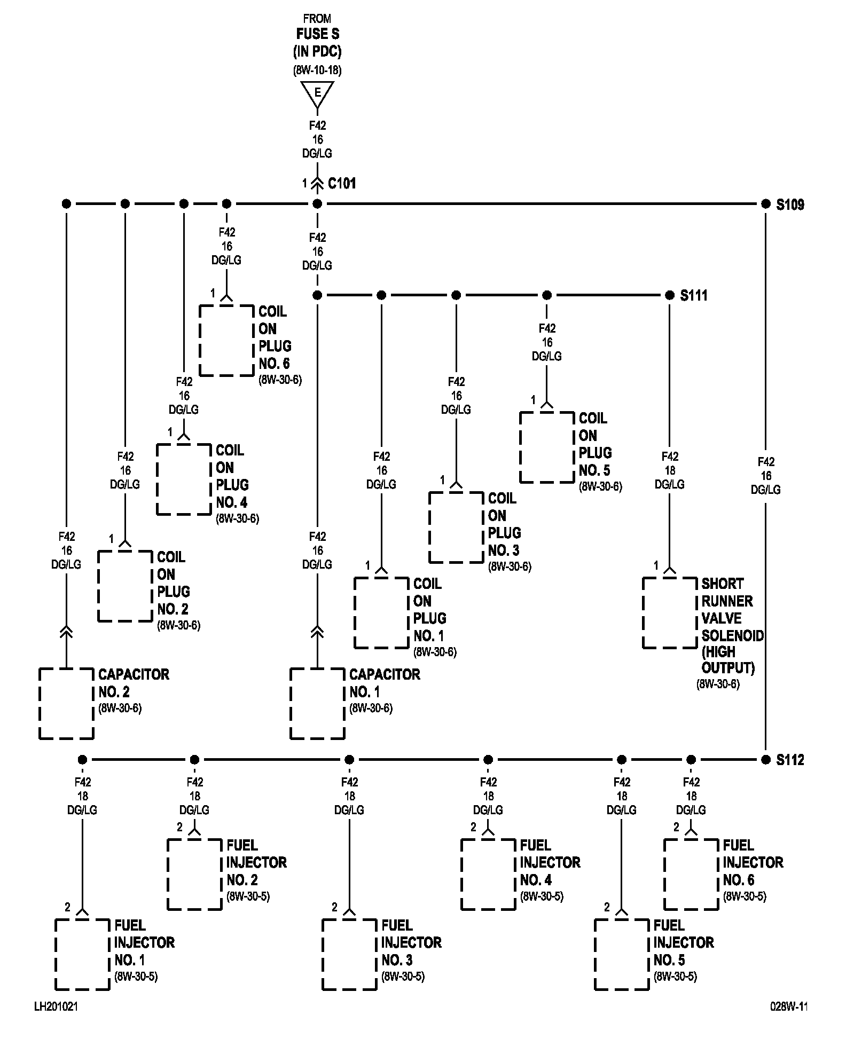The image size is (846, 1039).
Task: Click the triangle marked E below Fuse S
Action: coord(317,95)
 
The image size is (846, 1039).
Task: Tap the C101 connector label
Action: coord(342,184)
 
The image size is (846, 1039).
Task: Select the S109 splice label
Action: coord(790,204)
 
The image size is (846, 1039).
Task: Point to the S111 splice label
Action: coord(694,295)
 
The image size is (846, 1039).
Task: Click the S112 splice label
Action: coord(790,760)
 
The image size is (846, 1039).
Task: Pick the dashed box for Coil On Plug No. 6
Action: coord(226,341)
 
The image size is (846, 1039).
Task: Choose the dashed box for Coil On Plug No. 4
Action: coord(184,479)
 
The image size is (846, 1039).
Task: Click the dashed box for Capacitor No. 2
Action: coord(66,704)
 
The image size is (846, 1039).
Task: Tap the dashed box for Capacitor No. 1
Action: coord(317,704)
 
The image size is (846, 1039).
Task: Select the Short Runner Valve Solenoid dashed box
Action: coord(670,613)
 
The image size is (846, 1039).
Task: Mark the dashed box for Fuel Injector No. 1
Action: coord(82,955)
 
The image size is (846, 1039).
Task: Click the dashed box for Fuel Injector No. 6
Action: coord(691,875)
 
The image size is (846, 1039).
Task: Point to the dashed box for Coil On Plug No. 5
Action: coord(547,447)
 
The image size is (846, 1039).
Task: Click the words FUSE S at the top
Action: coord(318,34)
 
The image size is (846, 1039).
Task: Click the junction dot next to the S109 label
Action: coord(766,204)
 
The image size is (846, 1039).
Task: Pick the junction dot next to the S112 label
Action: coord(766,760)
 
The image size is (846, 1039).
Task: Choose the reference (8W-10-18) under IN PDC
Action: coord(317,70)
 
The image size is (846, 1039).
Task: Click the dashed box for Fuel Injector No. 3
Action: coord(349,955)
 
